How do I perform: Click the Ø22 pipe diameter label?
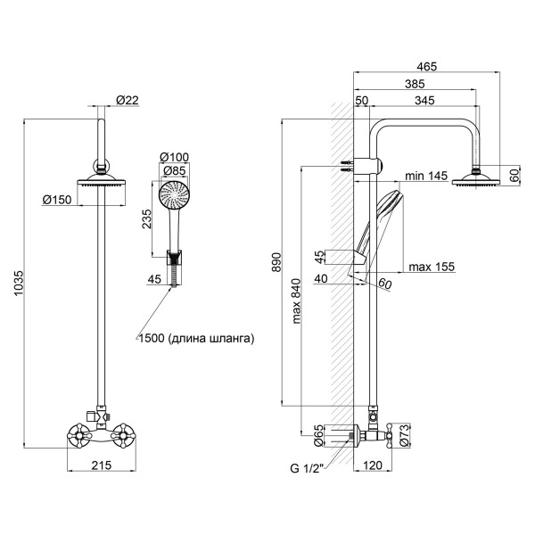click(x=128, y=100)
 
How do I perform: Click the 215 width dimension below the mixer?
click(x=102, y=465)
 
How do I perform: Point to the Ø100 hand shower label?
click(x=174, y=158)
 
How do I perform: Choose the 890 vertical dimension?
click(x=276, y=261)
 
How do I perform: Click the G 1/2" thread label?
click(x=308, y=466)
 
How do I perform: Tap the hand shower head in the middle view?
click(x=175, y=193)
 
